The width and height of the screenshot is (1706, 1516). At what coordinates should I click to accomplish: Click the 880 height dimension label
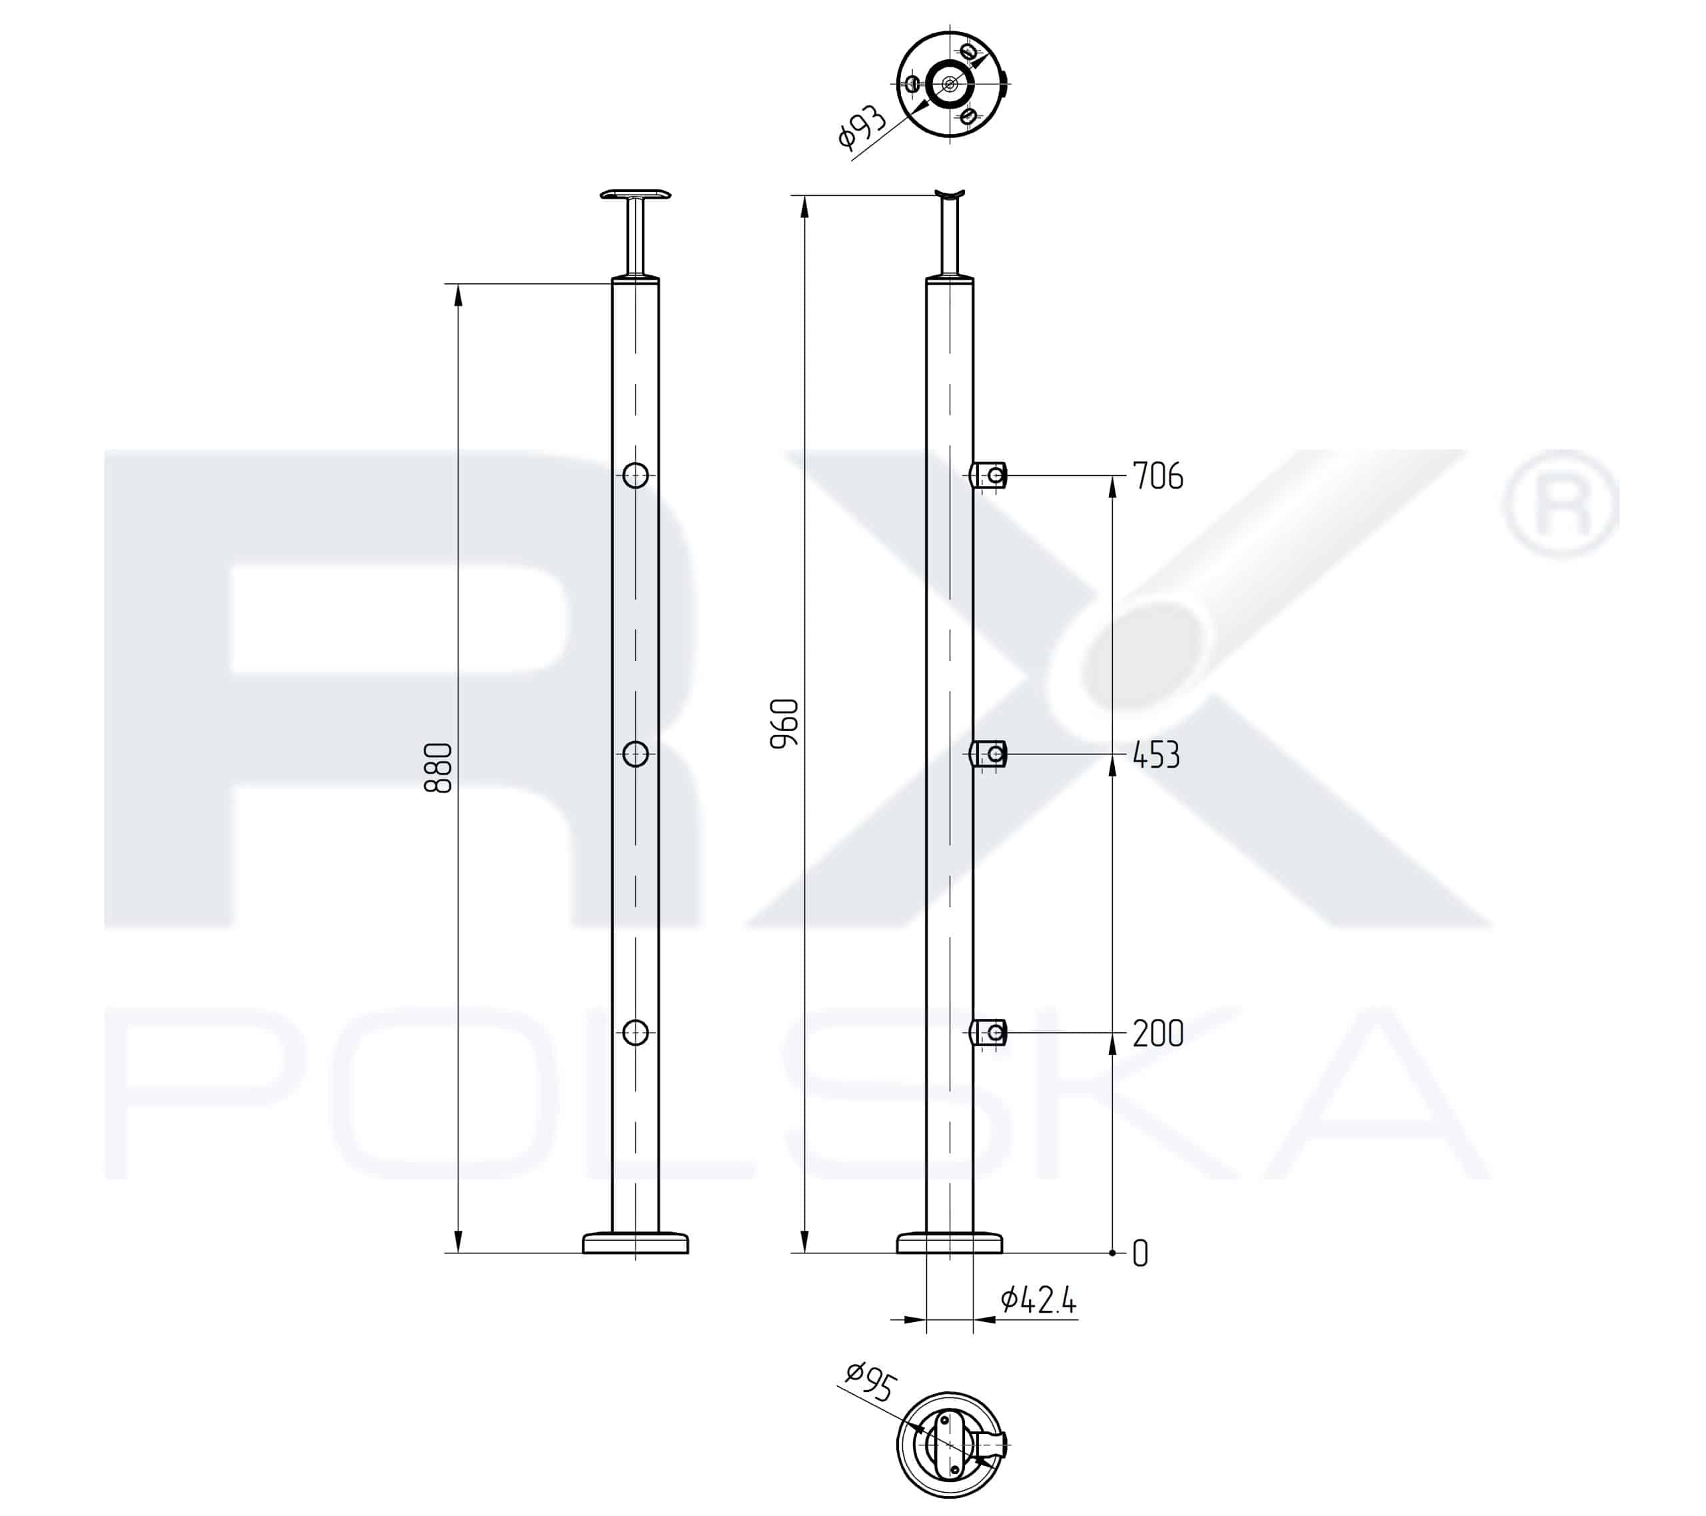(x=438, y=768)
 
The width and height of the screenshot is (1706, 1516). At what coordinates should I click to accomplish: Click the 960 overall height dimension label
(x=784, y=724)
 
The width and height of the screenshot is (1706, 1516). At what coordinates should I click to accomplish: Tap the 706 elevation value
(x=1158, y=476)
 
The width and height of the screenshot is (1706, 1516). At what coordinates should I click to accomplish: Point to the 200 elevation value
(x=1158, y=1034)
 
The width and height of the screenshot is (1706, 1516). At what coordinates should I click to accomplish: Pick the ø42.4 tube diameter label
(x=1038, y=1300)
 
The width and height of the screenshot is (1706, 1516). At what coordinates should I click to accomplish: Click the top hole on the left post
(x=636, y=475)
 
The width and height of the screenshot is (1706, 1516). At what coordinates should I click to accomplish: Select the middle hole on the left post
(x=636, y=754)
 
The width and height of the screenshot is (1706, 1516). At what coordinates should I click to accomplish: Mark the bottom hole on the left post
(x=636, y=1033)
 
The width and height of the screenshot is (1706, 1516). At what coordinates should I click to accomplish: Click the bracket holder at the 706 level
(x=990, y=476)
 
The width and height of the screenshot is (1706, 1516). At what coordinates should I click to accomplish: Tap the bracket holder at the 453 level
(x=990, y=754)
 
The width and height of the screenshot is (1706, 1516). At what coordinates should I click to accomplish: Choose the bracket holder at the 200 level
(x=990, y=1034)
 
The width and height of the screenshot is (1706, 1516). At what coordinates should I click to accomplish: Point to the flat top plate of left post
(x=635, y=195)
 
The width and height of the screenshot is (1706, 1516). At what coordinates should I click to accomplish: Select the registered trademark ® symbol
(x=1559, y=504)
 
